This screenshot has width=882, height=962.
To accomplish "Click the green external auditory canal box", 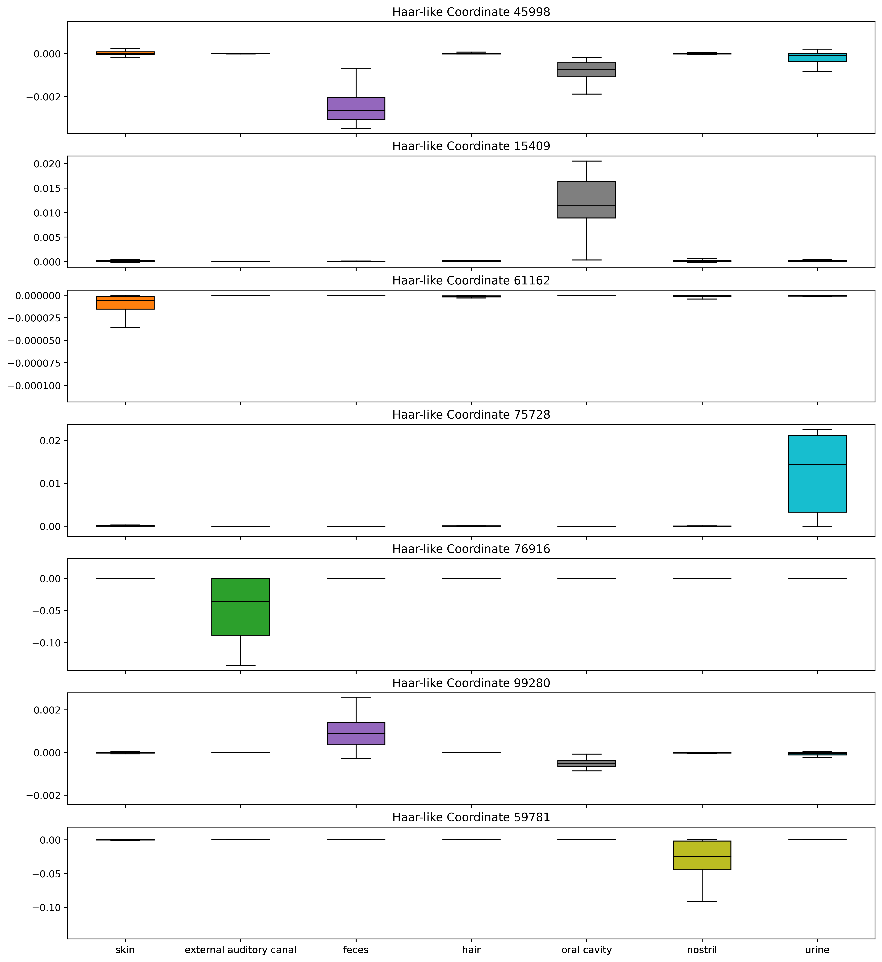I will click(240, 607).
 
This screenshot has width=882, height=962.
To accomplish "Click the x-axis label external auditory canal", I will click(240, 950).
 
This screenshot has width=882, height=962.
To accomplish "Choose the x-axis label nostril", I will click(702, 950).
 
